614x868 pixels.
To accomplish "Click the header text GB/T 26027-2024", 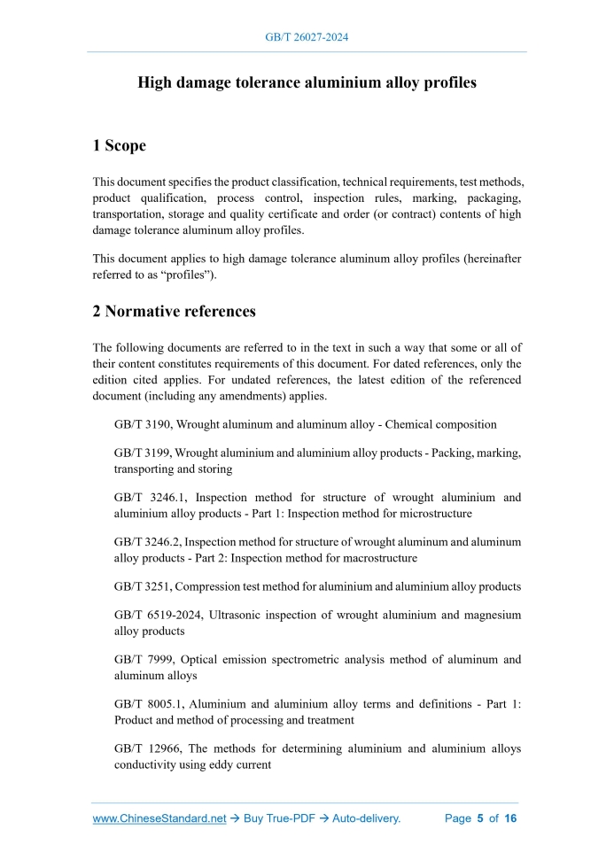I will pos(307,38).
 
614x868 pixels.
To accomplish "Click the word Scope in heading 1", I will pos(125,145).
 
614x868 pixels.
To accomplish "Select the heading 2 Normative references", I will pos(174,311).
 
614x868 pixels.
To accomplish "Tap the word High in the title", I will pos(155,82).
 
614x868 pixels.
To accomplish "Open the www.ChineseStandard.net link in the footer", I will pos(159,818).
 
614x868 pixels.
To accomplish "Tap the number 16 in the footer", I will pos(510,818).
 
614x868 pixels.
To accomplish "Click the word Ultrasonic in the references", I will pos(238,615).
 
